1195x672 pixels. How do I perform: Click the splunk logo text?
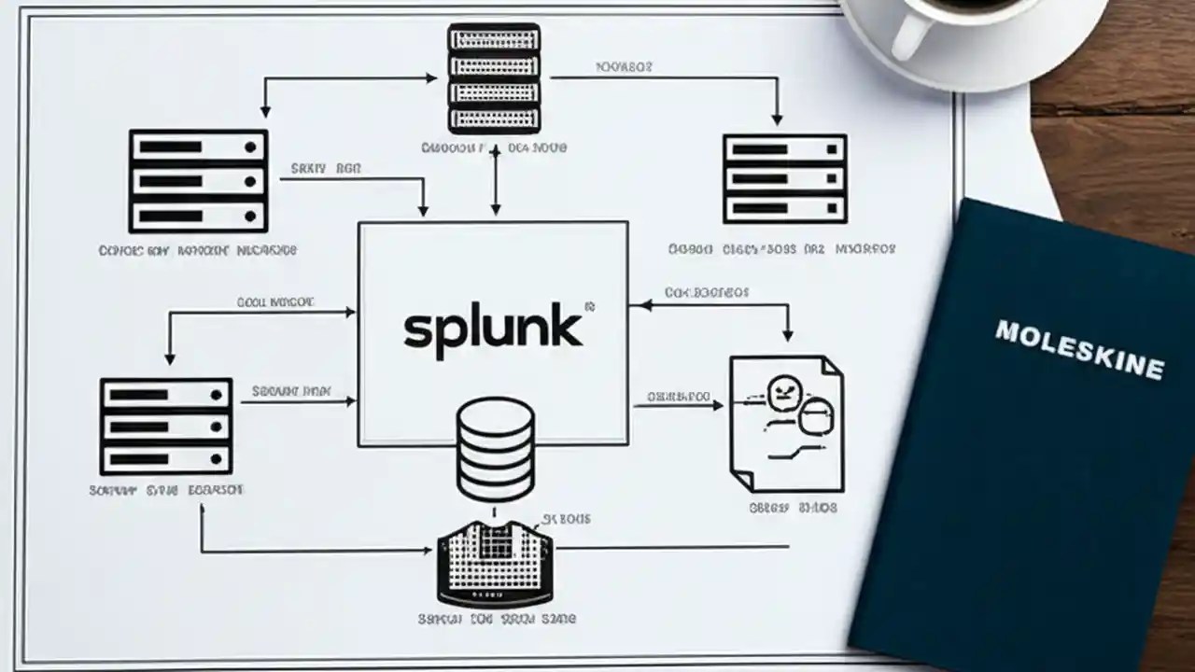click(x=493, y=329)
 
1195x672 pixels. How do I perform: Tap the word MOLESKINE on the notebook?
click(x=1079, y=349)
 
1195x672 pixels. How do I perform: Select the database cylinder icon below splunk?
click(x=495, y=449)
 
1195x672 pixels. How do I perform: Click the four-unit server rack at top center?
click(x=494, y=79)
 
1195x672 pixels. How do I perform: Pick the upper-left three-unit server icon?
click(x=198, y=181)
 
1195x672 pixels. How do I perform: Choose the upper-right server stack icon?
click(x=784, y=178)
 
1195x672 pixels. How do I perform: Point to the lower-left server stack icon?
click(x=166, y=427)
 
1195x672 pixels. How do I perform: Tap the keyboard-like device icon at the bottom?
click(x=495, y=564)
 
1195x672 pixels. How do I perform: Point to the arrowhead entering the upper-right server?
click(x=776, y=119)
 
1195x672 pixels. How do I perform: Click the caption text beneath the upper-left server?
click(x=197, y=250)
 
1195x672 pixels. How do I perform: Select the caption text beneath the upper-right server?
click(x=781, y=249)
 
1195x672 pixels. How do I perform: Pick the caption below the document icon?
click(x=793, y=508)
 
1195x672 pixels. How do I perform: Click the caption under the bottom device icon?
click(x=496, y=618)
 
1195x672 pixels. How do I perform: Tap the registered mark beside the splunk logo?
click(x=588, y=305)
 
